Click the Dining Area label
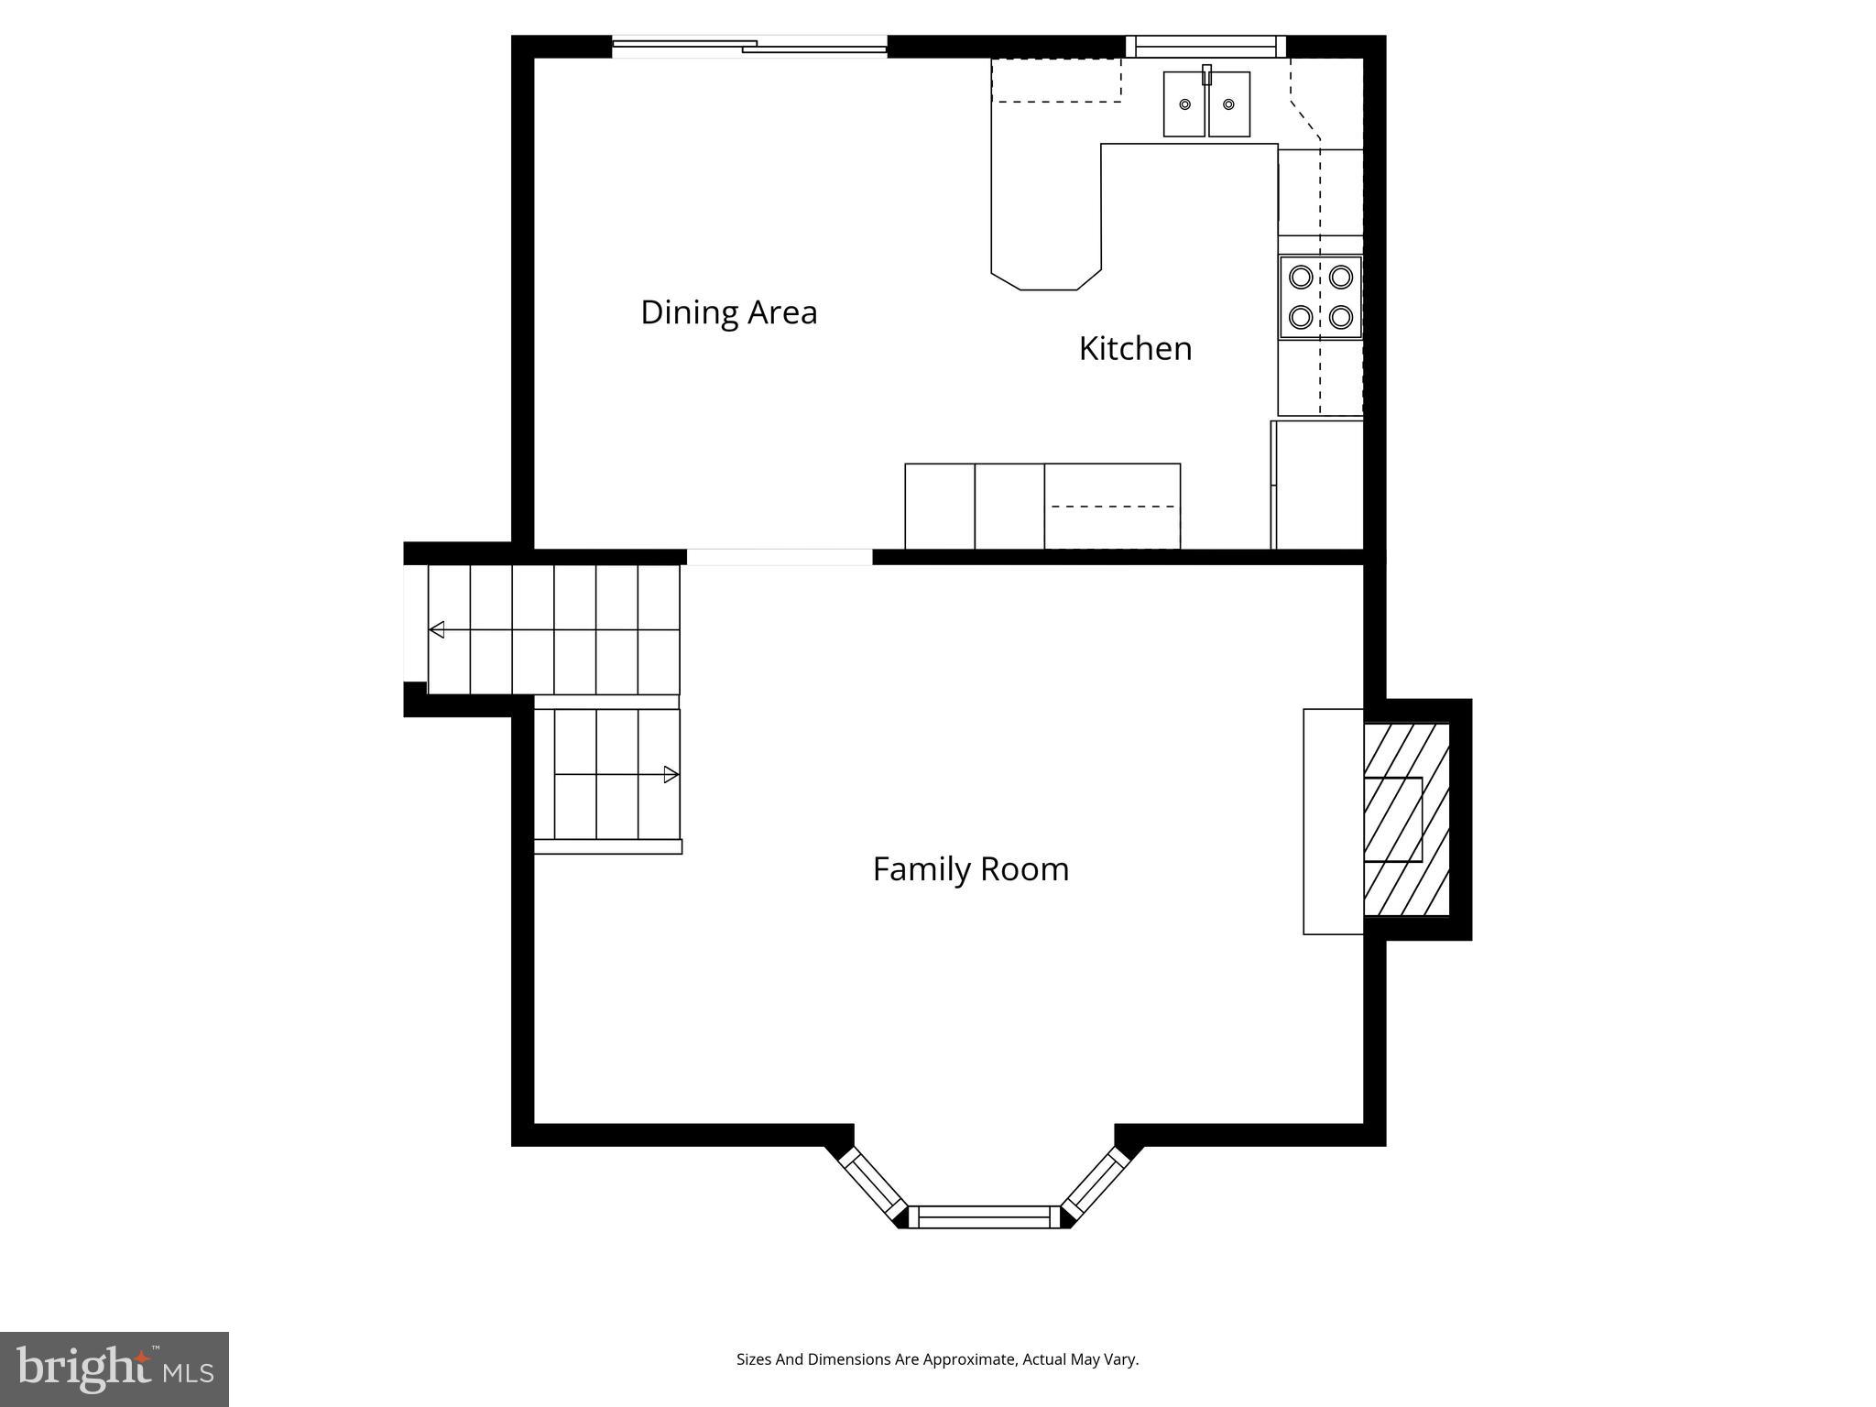point(728,312)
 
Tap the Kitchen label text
point(1135,349)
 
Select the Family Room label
point(970,869)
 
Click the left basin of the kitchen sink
point(1184,105)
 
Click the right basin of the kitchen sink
point(1228,105)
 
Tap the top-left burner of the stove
point(1301,276)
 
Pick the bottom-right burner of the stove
point(1341,317)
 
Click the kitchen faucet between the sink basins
point(1206,75)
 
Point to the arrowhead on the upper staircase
point(437,629)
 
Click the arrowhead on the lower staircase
point(671,775)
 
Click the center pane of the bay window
point(984,1216)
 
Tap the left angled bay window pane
point(874,1187)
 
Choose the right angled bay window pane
point(1096,1187)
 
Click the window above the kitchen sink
point(1205,47)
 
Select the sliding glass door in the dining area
point(749,46)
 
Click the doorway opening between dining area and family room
point(780,557)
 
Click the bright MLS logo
point(115,1369)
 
